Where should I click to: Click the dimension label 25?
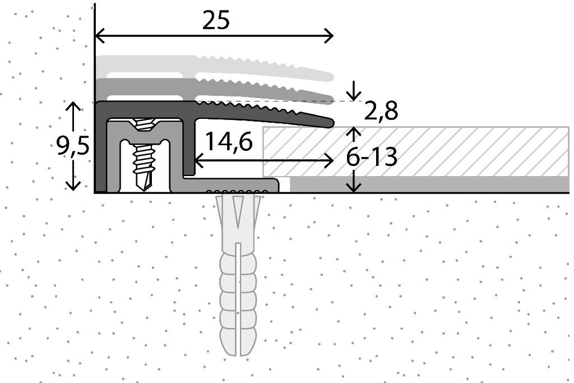(216, 20)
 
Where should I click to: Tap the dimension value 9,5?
(73, 146)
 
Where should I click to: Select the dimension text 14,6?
(229, 141)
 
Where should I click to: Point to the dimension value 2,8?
(381, 111)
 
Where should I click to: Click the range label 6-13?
(372, 158)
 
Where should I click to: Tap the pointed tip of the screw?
(145, 188)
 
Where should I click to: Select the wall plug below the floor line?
(238, 275)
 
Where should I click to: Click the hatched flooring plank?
(415, 151)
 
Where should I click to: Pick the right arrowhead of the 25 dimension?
(329, 36)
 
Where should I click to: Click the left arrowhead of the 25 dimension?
(99, 36)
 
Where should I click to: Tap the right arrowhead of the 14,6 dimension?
(329, 160)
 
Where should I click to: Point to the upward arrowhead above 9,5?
(73, 107)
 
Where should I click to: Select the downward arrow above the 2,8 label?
(354, 90)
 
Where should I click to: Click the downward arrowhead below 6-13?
(354, 187)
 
